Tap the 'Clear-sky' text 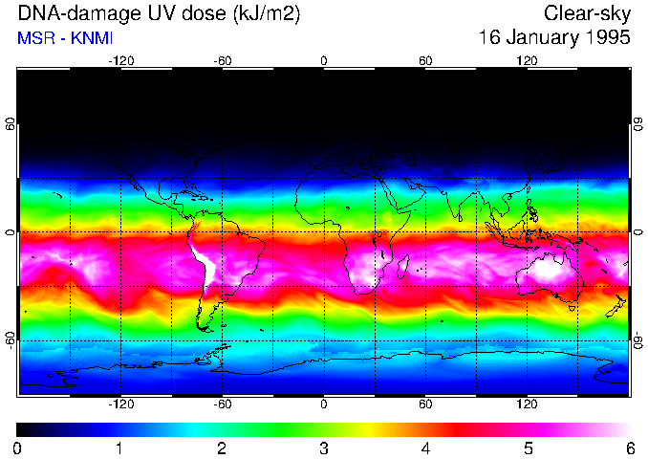[587, 14]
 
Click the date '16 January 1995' [554, 39]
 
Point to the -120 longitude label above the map [120, 60]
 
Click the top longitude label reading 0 [324, 60]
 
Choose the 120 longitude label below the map [528, 405]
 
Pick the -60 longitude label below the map [223, 405]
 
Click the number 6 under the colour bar [629, 448]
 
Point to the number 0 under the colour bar [18, 448]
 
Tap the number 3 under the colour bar [324, 448]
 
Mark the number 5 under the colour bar [528, 448]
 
